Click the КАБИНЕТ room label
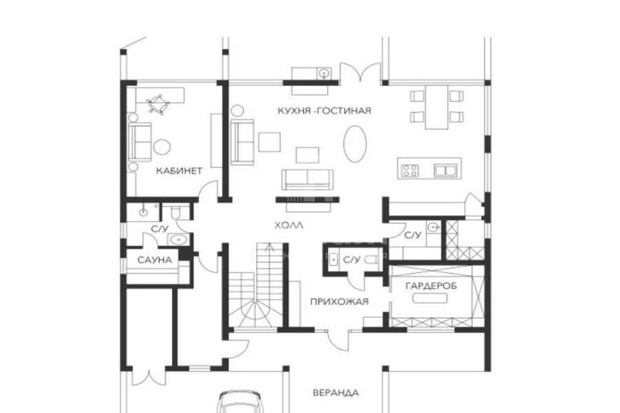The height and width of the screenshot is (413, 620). click(179, 171)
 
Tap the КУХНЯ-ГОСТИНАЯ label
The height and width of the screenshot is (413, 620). click(324, 110)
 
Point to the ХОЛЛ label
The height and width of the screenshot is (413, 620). click(289, 226)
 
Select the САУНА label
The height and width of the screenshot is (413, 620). click(155, 260)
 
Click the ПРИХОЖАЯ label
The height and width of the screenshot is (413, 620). click(339, 301)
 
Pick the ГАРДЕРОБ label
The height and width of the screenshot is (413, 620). click(431, 286)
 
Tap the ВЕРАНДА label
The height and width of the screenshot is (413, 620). click(335, 393)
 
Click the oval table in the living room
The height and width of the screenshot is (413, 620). click(355, 144)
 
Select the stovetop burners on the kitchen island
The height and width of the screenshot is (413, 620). click(410, 170)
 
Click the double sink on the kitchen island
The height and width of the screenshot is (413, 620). click(445, 170)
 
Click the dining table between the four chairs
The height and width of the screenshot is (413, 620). click(437, 107)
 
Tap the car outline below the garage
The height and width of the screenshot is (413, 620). click(240, 402)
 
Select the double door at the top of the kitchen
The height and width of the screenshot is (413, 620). click(360, 72)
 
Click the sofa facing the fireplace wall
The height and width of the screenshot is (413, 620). click(308, 180)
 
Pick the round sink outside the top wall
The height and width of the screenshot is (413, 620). click(324, 73)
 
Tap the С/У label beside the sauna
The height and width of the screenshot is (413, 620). click(160, 229)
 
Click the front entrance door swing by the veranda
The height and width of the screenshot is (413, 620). click(339, 340)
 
